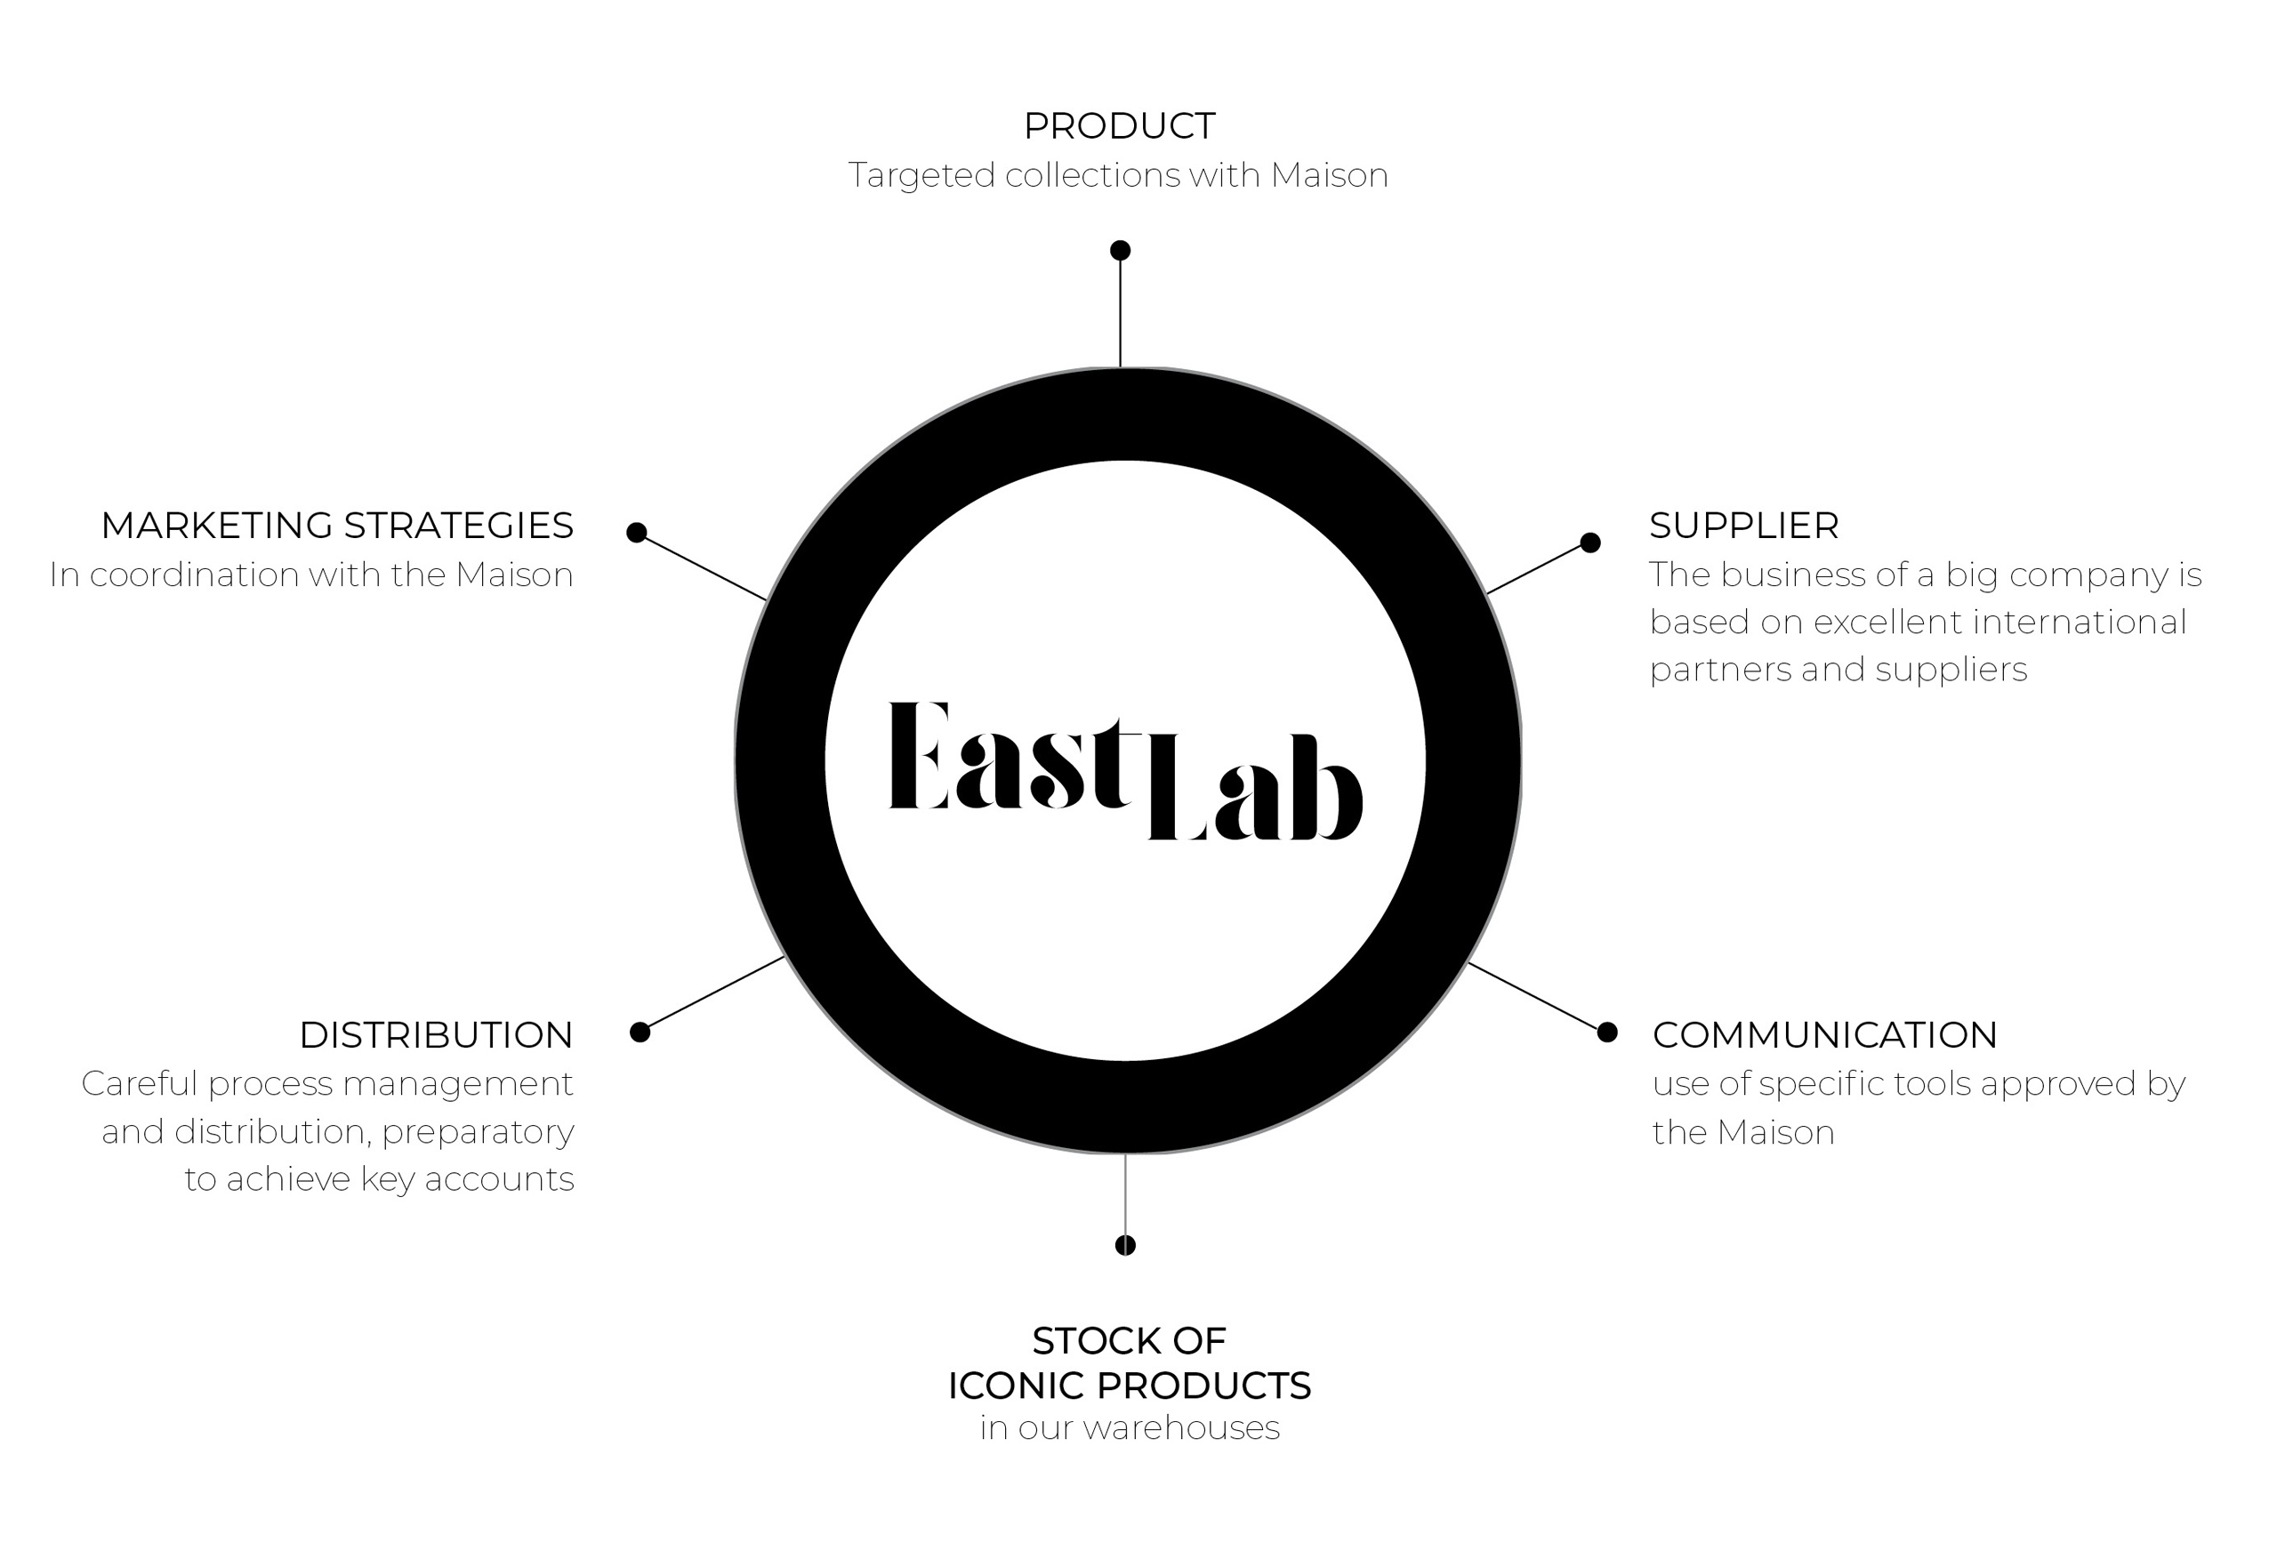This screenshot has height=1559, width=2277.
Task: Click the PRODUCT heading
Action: (1119, 126)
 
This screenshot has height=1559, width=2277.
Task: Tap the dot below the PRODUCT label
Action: (1120, 251)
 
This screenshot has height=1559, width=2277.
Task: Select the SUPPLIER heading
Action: (1744, 526)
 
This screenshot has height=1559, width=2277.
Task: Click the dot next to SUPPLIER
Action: (1590, 542)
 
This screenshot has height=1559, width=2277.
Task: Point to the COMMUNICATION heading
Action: (1824, 1036)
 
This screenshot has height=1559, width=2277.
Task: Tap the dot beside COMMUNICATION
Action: (1607, 1032)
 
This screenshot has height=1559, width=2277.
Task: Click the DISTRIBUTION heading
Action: (436, 1036)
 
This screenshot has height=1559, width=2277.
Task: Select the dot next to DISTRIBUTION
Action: (640, 1032)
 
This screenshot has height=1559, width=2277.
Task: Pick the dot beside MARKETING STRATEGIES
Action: (637, 532)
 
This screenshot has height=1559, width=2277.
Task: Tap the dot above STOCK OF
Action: (1126, 1245)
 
